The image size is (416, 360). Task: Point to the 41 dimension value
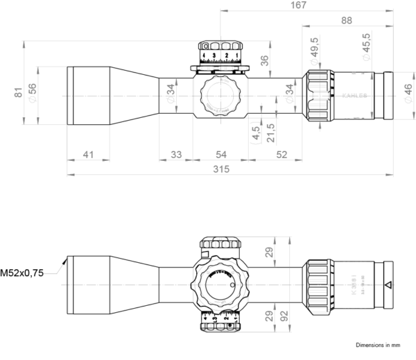tap(87, 154)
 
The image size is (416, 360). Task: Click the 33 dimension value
tap(176, 154)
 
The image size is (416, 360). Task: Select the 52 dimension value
tap(281, 154)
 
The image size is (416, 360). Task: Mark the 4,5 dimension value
tap(257, 133)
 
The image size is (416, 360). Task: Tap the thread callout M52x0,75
tap(23, 274)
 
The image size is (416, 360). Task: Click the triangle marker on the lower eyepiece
tap(388, 284)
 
